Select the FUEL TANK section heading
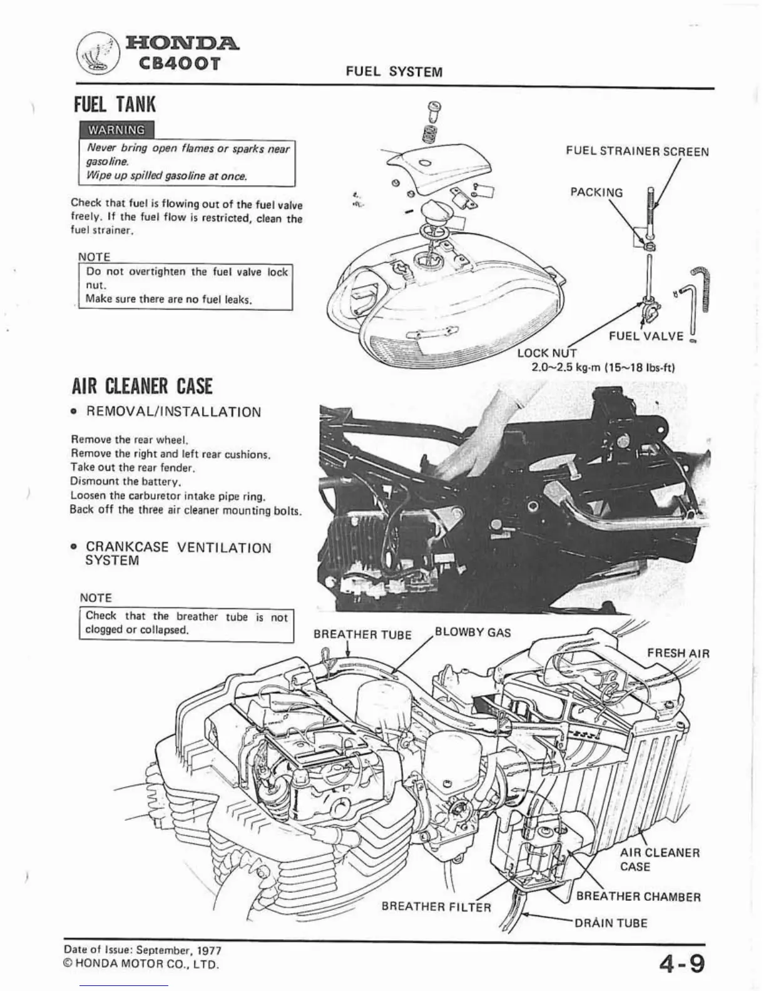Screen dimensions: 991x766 click(x=115, y=104)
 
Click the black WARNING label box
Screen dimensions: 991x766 click(x=116, y=130)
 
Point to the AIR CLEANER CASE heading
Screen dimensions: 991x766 click(x=142, y=386)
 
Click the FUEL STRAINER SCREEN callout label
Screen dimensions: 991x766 click(x=637, y=151)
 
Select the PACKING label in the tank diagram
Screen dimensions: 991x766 click(x=596, y=192)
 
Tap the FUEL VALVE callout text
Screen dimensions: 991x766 click(x=646, y=336)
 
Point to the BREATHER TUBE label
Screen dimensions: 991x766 click(x=362, y=634)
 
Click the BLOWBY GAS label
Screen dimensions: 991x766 click(x=472, y=632)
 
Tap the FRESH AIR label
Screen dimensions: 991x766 click(x=678, y=653)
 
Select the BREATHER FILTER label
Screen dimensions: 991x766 click(x=436, y=907)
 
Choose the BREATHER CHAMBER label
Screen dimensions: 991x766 click(x=638, y=897)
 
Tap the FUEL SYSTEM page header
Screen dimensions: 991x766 click(x=394, y=71)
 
